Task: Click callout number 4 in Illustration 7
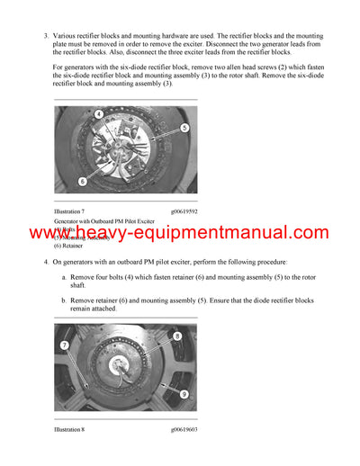click(x=98, y=114)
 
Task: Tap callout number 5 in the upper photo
click(x=184, y=128)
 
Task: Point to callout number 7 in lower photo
click(x=64, y=345)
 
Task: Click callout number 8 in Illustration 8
click(x=176, y=336)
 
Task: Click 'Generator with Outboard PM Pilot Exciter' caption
click(x=103, y=220)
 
